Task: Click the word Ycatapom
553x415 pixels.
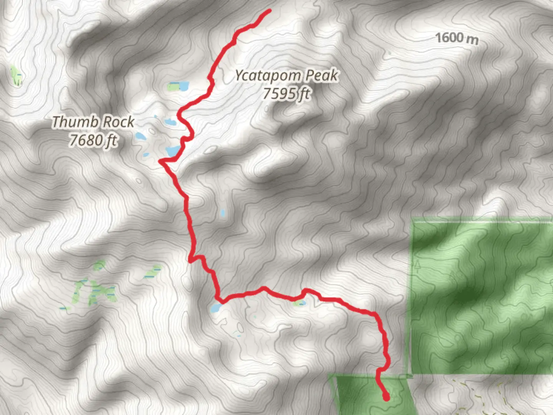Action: tap(268, 76)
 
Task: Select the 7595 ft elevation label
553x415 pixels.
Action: tap(286, 93)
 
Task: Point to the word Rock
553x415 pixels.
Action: tap(119, 122)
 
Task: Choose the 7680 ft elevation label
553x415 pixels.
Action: tap(93, 140)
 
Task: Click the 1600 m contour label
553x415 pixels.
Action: tap(457, 38)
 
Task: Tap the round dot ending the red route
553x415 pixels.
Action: tap(386, 397)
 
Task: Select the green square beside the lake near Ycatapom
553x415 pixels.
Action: tap(173, 86)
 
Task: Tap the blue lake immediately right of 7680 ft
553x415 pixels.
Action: tap(140, 136)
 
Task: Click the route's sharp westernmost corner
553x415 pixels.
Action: tap(160, 162)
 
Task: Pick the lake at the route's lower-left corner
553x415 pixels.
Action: tap(216, 307)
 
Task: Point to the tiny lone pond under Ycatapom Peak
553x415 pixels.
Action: tap(223, 212)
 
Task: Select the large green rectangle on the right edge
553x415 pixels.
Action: tap(482, 296)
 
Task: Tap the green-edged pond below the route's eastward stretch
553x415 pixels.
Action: tap(299, 303)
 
